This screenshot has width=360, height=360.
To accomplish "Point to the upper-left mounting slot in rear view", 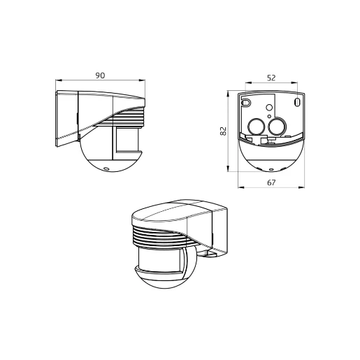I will tap(245, 102).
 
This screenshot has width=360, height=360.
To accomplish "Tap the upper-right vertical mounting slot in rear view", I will tap(298, 102).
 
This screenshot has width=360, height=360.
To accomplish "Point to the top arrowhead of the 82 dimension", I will tap(229, 90).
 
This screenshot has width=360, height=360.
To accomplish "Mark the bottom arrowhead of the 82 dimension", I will tap(229, 171).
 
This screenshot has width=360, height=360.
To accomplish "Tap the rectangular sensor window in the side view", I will tap(128, 139).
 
